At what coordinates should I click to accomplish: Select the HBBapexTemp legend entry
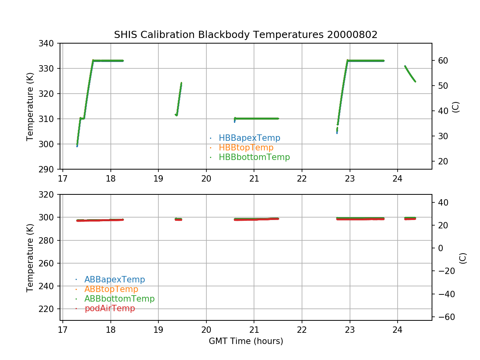(249, 138)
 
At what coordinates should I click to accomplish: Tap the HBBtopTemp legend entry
(246, 148)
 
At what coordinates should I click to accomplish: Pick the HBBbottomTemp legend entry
(254, 157)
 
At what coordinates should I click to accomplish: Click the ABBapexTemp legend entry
(114, 280)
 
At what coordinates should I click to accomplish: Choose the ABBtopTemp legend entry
(111, 289)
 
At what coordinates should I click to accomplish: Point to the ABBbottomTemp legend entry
(119, 299)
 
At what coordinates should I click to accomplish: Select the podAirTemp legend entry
(110, 308)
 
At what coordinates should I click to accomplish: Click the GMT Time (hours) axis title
(246, 341)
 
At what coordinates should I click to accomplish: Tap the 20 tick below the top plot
(206, 178)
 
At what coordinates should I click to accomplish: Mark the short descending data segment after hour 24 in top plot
(410, 74)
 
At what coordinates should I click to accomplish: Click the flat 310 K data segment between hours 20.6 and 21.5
(256, 118)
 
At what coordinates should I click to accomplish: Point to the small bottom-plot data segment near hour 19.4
(178, 219)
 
